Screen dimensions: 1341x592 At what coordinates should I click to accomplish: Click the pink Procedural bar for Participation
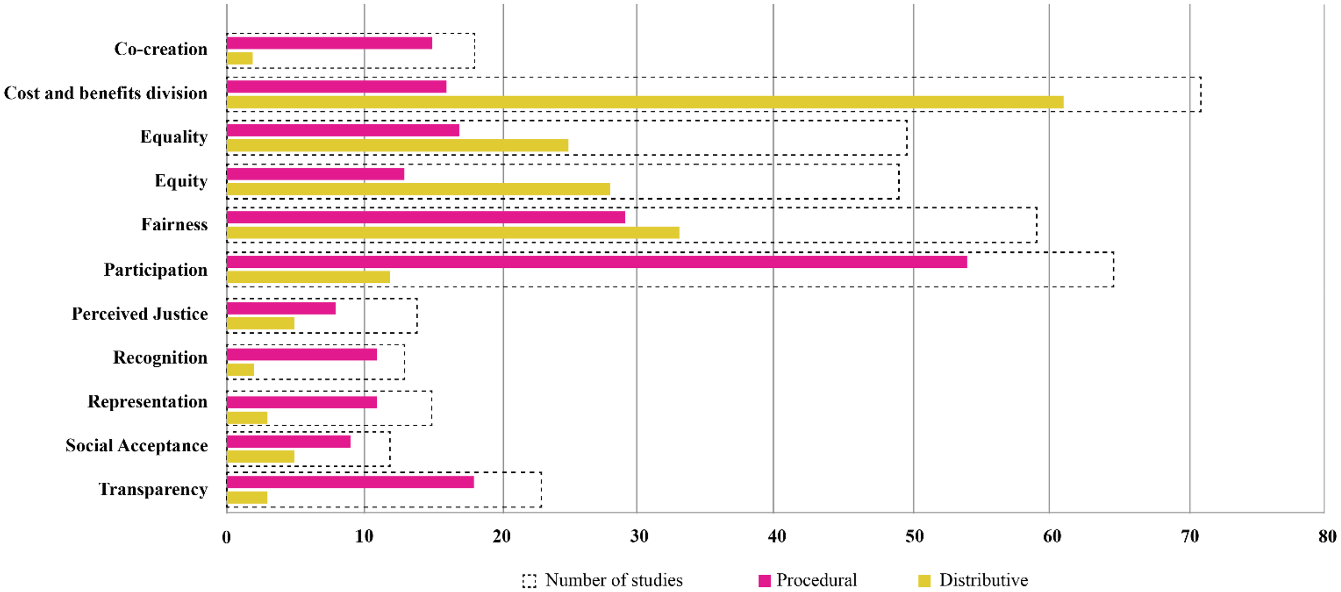[596, 262]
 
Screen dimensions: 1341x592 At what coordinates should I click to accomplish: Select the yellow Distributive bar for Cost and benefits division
[645, 102]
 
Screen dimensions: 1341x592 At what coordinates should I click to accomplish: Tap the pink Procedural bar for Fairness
[426, 217]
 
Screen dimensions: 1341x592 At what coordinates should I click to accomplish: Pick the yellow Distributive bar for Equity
[418, 189]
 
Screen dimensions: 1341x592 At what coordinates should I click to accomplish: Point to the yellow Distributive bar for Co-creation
[239, 58]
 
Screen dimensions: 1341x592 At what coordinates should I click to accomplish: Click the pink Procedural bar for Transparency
[350, 482]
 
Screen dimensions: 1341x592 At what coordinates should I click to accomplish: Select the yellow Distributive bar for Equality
[397, 145]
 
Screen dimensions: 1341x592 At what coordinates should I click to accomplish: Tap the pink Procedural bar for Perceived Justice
[281, 308]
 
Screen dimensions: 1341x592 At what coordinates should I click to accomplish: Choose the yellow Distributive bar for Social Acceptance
[260, 456]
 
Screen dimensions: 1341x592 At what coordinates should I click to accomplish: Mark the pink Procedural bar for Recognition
[301, 354]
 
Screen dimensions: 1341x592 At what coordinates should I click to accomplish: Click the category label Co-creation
[161, 49]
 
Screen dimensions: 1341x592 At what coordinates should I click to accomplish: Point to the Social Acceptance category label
[136, 445]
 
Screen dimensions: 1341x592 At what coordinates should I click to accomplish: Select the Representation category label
[147, 402]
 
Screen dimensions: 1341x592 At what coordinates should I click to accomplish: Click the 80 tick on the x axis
[1327, 536]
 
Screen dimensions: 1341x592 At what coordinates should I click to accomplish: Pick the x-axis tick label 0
[226, 536]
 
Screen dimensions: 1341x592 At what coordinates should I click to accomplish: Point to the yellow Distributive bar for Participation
[308, 277]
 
